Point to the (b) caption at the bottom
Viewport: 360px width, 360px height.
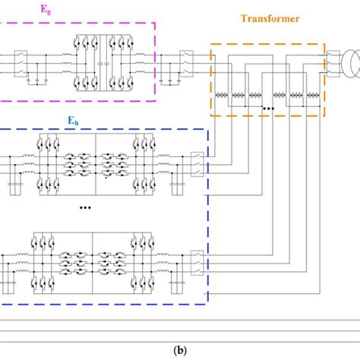[x=180, y=350]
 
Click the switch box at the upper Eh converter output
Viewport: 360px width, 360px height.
[x=197, y=162]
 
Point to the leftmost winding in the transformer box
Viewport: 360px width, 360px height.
[x=224, y=96]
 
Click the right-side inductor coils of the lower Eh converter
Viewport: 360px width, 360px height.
[x=163, y=263]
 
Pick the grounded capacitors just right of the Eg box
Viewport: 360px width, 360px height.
[x=168, y=78]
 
